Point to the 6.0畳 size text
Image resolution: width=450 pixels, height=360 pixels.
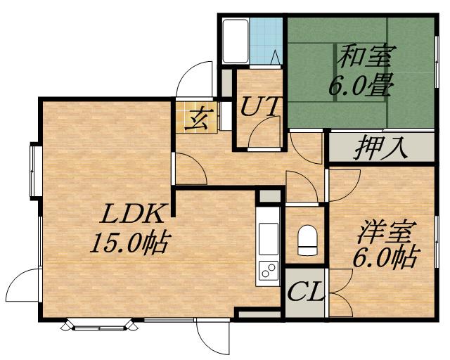[x=360, y=86]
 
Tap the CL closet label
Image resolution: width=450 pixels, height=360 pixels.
[x=305, y=290]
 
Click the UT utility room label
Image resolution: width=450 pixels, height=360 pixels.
[x=260, y=107]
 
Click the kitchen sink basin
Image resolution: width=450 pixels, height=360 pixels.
[x=269, y=240]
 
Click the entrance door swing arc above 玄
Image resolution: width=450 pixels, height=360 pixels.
[x=193, y=79]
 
